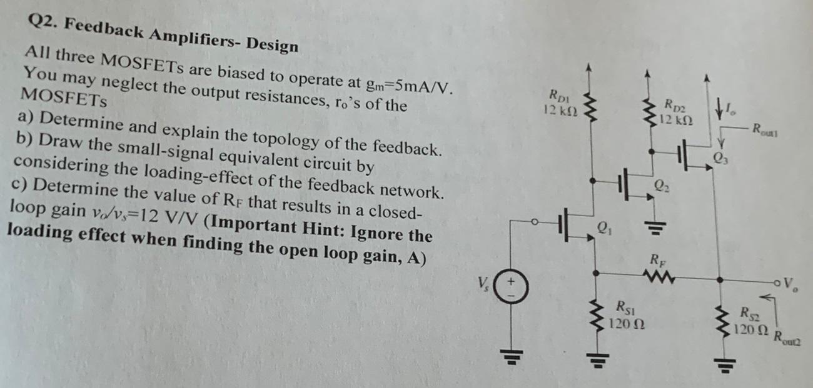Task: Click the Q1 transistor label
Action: (603, 229)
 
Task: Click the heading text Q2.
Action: (41, 22)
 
